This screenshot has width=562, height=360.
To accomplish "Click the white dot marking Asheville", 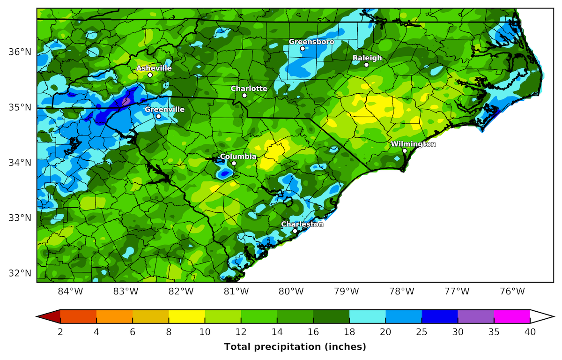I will click(150, 75).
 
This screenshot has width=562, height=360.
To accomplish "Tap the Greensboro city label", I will click(311, 42).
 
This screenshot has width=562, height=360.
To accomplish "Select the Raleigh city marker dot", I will click(366, 65).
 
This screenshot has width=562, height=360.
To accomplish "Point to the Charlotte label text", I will click(249, 89).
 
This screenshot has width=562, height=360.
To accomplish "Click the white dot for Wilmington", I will click(405, 150).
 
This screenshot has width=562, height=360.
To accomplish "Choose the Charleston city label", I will click(302, 224).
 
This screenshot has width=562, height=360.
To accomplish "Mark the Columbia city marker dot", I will click(234, 163).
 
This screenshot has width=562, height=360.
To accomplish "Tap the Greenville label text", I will click(164, 110).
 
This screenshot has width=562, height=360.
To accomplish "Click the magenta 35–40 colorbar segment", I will click(511, 317).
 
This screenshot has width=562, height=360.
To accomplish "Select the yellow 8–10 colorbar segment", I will click(186, 317).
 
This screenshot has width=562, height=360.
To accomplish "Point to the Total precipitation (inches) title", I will click(295, 347).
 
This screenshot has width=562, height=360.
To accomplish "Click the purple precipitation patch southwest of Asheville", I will click(126, 100).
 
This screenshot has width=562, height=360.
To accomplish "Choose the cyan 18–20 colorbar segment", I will click(367, 317).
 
